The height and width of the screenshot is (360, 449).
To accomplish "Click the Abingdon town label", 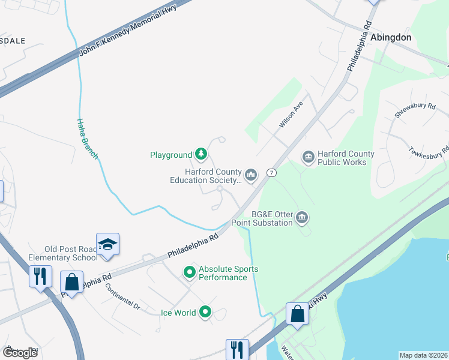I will [x=391, y=37].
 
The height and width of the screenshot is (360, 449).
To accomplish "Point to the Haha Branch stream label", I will [x=86, y=139].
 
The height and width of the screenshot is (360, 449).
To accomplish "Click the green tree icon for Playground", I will [x=201, y=155].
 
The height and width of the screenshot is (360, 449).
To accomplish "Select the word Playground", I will [x=170, y=155].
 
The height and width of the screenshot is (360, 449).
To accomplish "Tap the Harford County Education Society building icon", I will [x=251, y=175].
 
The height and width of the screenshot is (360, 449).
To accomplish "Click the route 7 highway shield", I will [x=272, y=173].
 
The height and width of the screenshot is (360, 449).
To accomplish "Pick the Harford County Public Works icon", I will [x=309, y=157].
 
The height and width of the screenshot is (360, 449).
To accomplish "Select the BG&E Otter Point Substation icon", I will [x=302, y=218].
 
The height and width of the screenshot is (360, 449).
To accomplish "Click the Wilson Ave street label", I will [x=291, y=114].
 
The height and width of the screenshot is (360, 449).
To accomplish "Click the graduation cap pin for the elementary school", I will [x=107, y=244].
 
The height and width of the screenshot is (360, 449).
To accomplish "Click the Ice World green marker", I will [x=205, y=311].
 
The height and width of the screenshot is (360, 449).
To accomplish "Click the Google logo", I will [x=20, y=352].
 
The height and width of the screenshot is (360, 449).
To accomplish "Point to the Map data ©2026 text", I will [x=423, y=355].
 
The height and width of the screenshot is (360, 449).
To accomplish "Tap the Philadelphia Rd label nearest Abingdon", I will [x=359, y=47].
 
